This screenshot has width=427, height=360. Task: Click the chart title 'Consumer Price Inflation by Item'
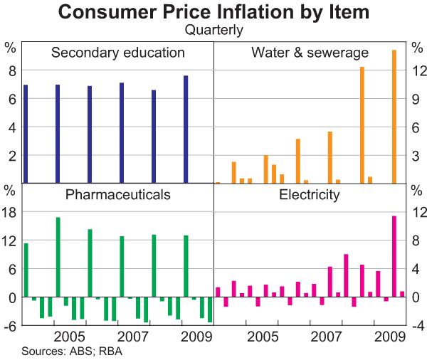coord(213,12)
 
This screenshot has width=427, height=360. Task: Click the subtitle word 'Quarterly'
coord(213,30)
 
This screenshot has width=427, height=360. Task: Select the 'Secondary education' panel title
coord(118,53)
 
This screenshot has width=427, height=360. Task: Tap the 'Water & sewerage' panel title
coord(310,53)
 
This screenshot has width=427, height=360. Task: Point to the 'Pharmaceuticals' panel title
coord(118,194)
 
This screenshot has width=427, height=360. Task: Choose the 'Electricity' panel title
coord(310,194)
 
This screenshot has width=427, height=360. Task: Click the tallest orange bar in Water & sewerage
coord(394,116)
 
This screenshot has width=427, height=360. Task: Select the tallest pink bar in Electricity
coord(394,256)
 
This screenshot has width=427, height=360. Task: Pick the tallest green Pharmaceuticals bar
coord(58,257)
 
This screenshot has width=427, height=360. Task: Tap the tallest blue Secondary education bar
coord(186,129)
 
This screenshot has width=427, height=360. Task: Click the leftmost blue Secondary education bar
coord(26,134)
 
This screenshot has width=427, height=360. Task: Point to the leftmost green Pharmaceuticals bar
coord(26,270)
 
